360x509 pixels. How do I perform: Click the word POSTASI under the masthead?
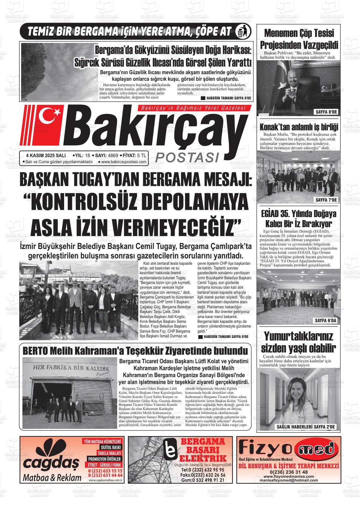[x=188, y=157]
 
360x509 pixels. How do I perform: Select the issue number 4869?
[x=113, y=155]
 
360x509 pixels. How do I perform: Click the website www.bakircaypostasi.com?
[x=124, y=162]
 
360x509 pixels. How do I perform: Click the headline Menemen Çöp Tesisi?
[x=299, y=33]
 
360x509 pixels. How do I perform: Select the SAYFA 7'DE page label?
[x=326, y=200]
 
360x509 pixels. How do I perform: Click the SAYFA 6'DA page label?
[x=326, y=321]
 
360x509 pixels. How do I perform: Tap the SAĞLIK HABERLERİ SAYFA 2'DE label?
[x=305, y=427]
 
